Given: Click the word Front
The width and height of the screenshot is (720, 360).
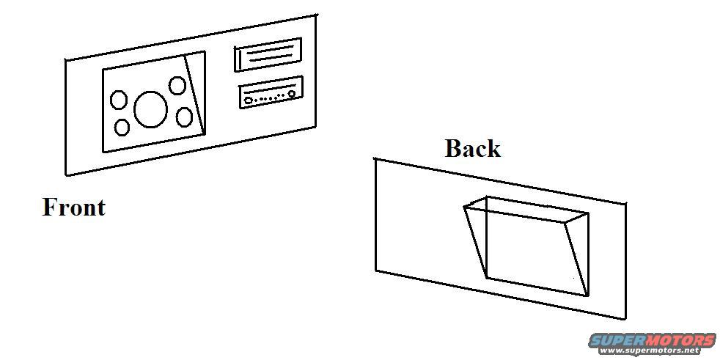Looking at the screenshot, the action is [74, 207].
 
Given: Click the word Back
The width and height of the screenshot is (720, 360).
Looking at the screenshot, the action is [472, 149].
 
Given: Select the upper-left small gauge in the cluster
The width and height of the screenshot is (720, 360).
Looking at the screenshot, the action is [119, 100].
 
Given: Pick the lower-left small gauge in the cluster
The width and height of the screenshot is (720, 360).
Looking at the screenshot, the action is [122, 127].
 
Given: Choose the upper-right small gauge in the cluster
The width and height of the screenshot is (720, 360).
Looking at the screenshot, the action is [177, 85].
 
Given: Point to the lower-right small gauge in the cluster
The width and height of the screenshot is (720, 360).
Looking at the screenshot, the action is [184, 117].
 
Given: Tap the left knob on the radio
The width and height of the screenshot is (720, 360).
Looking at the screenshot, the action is [248, 100].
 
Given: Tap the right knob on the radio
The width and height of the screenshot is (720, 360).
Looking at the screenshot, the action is [292, 93].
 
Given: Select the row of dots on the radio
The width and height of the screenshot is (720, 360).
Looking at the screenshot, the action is [269, 98].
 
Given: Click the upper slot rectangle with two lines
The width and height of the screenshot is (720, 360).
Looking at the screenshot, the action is [268, 55].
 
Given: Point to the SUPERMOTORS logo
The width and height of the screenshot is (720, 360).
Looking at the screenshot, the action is [652, 341].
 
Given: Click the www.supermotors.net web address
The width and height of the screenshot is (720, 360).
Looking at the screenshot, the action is [652, 350].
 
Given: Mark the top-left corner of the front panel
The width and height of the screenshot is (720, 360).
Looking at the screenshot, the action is [66, 59].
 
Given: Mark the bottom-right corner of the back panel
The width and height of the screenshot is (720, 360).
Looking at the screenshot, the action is [625, 318].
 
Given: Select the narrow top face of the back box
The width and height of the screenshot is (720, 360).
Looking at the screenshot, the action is [526, 210].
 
